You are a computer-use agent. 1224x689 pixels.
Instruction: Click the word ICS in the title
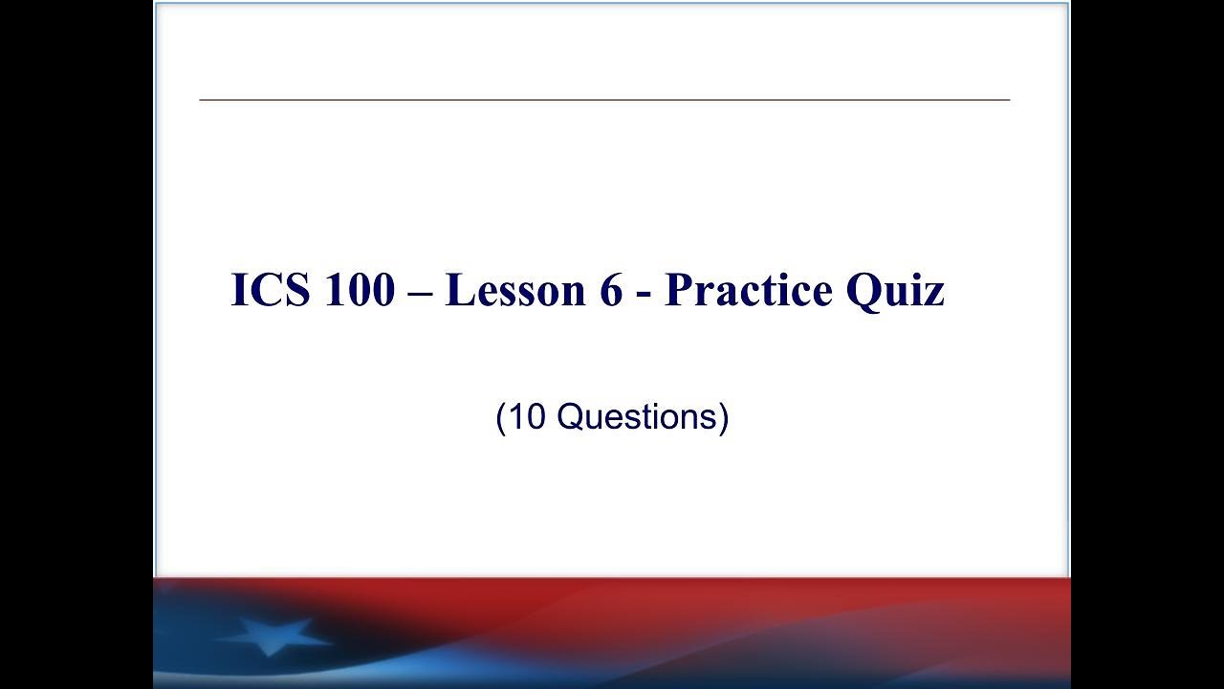pyautogui.click(x=271, y=290)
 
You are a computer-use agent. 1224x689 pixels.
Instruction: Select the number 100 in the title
pyautogui.click(x=359, y=290)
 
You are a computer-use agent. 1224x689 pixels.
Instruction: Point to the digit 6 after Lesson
pyautogui.click(x=611, y=290)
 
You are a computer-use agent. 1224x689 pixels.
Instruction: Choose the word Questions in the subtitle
pyautogui.click(x=636, y=417)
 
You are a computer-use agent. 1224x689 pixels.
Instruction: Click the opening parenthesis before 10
pyautogui.click(x=501, y=418)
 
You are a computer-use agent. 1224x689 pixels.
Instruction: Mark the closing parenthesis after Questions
pyautogui.click(x=724, y=418)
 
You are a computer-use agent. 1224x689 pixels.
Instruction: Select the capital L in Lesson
pyautogui.click(x=458, y=290)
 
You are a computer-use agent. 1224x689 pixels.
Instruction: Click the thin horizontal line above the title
pyautogui.click(x=604, y=100)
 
